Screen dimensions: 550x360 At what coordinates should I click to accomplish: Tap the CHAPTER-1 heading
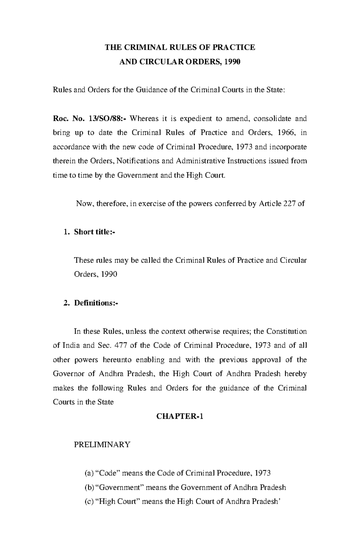180,416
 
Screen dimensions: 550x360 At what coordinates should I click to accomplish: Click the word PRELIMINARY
102,444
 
